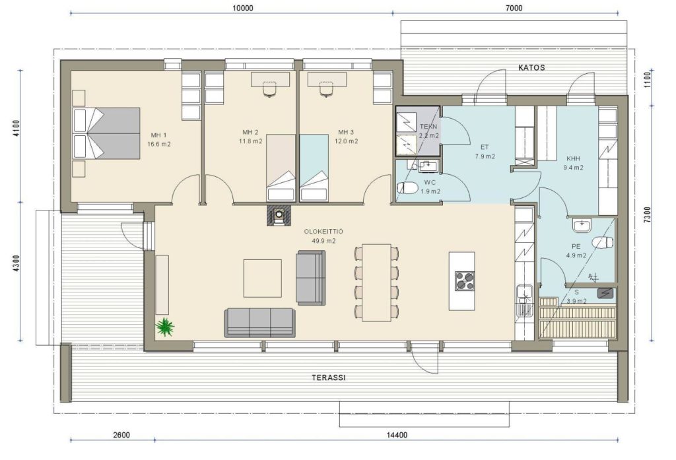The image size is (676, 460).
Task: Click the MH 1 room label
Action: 158,135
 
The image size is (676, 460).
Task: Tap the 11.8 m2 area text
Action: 250,141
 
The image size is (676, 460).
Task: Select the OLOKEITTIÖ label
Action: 323,232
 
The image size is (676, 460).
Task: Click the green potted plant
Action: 164,327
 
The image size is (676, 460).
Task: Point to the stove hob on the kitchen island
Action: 465,280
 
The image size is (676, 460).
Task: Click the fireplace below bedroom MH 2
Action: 279,215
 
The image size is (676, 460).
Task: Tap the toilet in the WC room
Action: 407,188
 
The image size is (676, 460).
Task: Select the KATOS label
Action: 531,68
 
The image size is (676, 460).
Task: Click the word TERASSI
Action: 329,378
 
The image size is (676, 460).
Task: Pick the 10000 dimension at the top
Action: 243,8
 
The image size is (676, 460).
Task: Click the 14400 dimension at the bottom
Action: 396,435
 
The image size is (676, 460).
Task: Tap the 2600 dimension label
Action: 121,435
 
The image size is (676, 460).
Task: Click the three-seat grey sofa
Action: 260,323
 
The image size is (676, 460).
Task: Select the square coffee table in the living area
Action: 263,278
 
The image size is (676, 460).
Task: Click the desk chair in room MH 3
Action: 326,88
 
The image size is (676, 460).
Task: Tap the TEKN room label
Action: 428,127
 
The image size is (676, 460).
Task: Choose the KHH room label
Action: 574,158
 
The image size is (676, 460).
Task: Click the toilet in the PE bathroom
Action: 603,243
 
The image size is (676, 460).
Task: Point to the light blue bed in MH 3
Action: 314,168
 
